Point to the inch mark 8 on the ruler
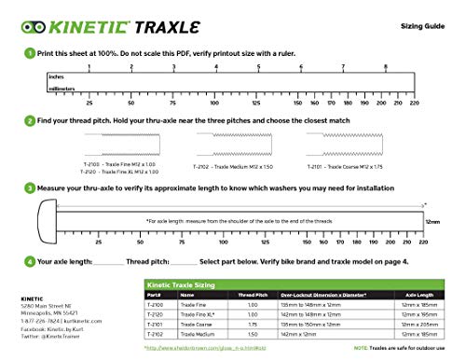[x=386, y=67]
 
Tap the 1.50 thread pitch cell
[x=248, y=331]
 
